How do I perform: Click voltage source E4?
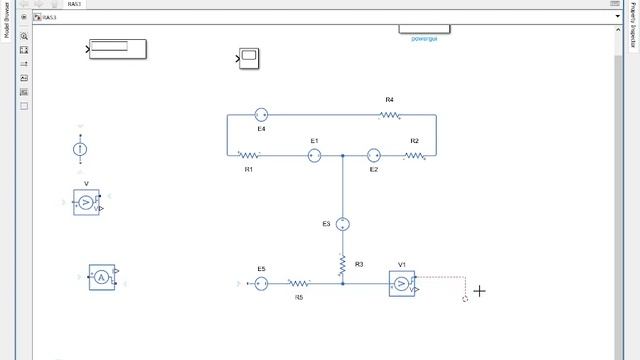261,115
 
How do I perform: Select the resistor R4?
390,115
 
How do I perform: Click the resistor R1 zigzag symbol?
249,156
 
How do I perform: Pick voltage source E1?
314,156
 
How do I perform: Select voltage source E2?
373,156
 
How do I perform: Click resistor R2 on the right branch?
415,156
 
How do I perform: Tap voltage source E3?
342,224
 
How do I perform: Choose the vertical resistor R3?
342,264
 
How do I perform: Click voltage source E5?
261,284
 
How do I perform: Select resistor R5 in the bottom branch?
299,284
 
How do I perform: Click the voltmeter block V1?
402,284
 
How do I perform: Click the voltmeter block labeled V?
86,202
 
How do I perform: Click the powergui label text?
424,38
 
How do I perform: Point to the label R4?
390,100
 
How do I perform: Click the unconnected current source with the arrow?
81,149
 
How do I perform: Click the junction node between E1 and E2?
342,156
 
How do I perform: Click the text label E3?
326,224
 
